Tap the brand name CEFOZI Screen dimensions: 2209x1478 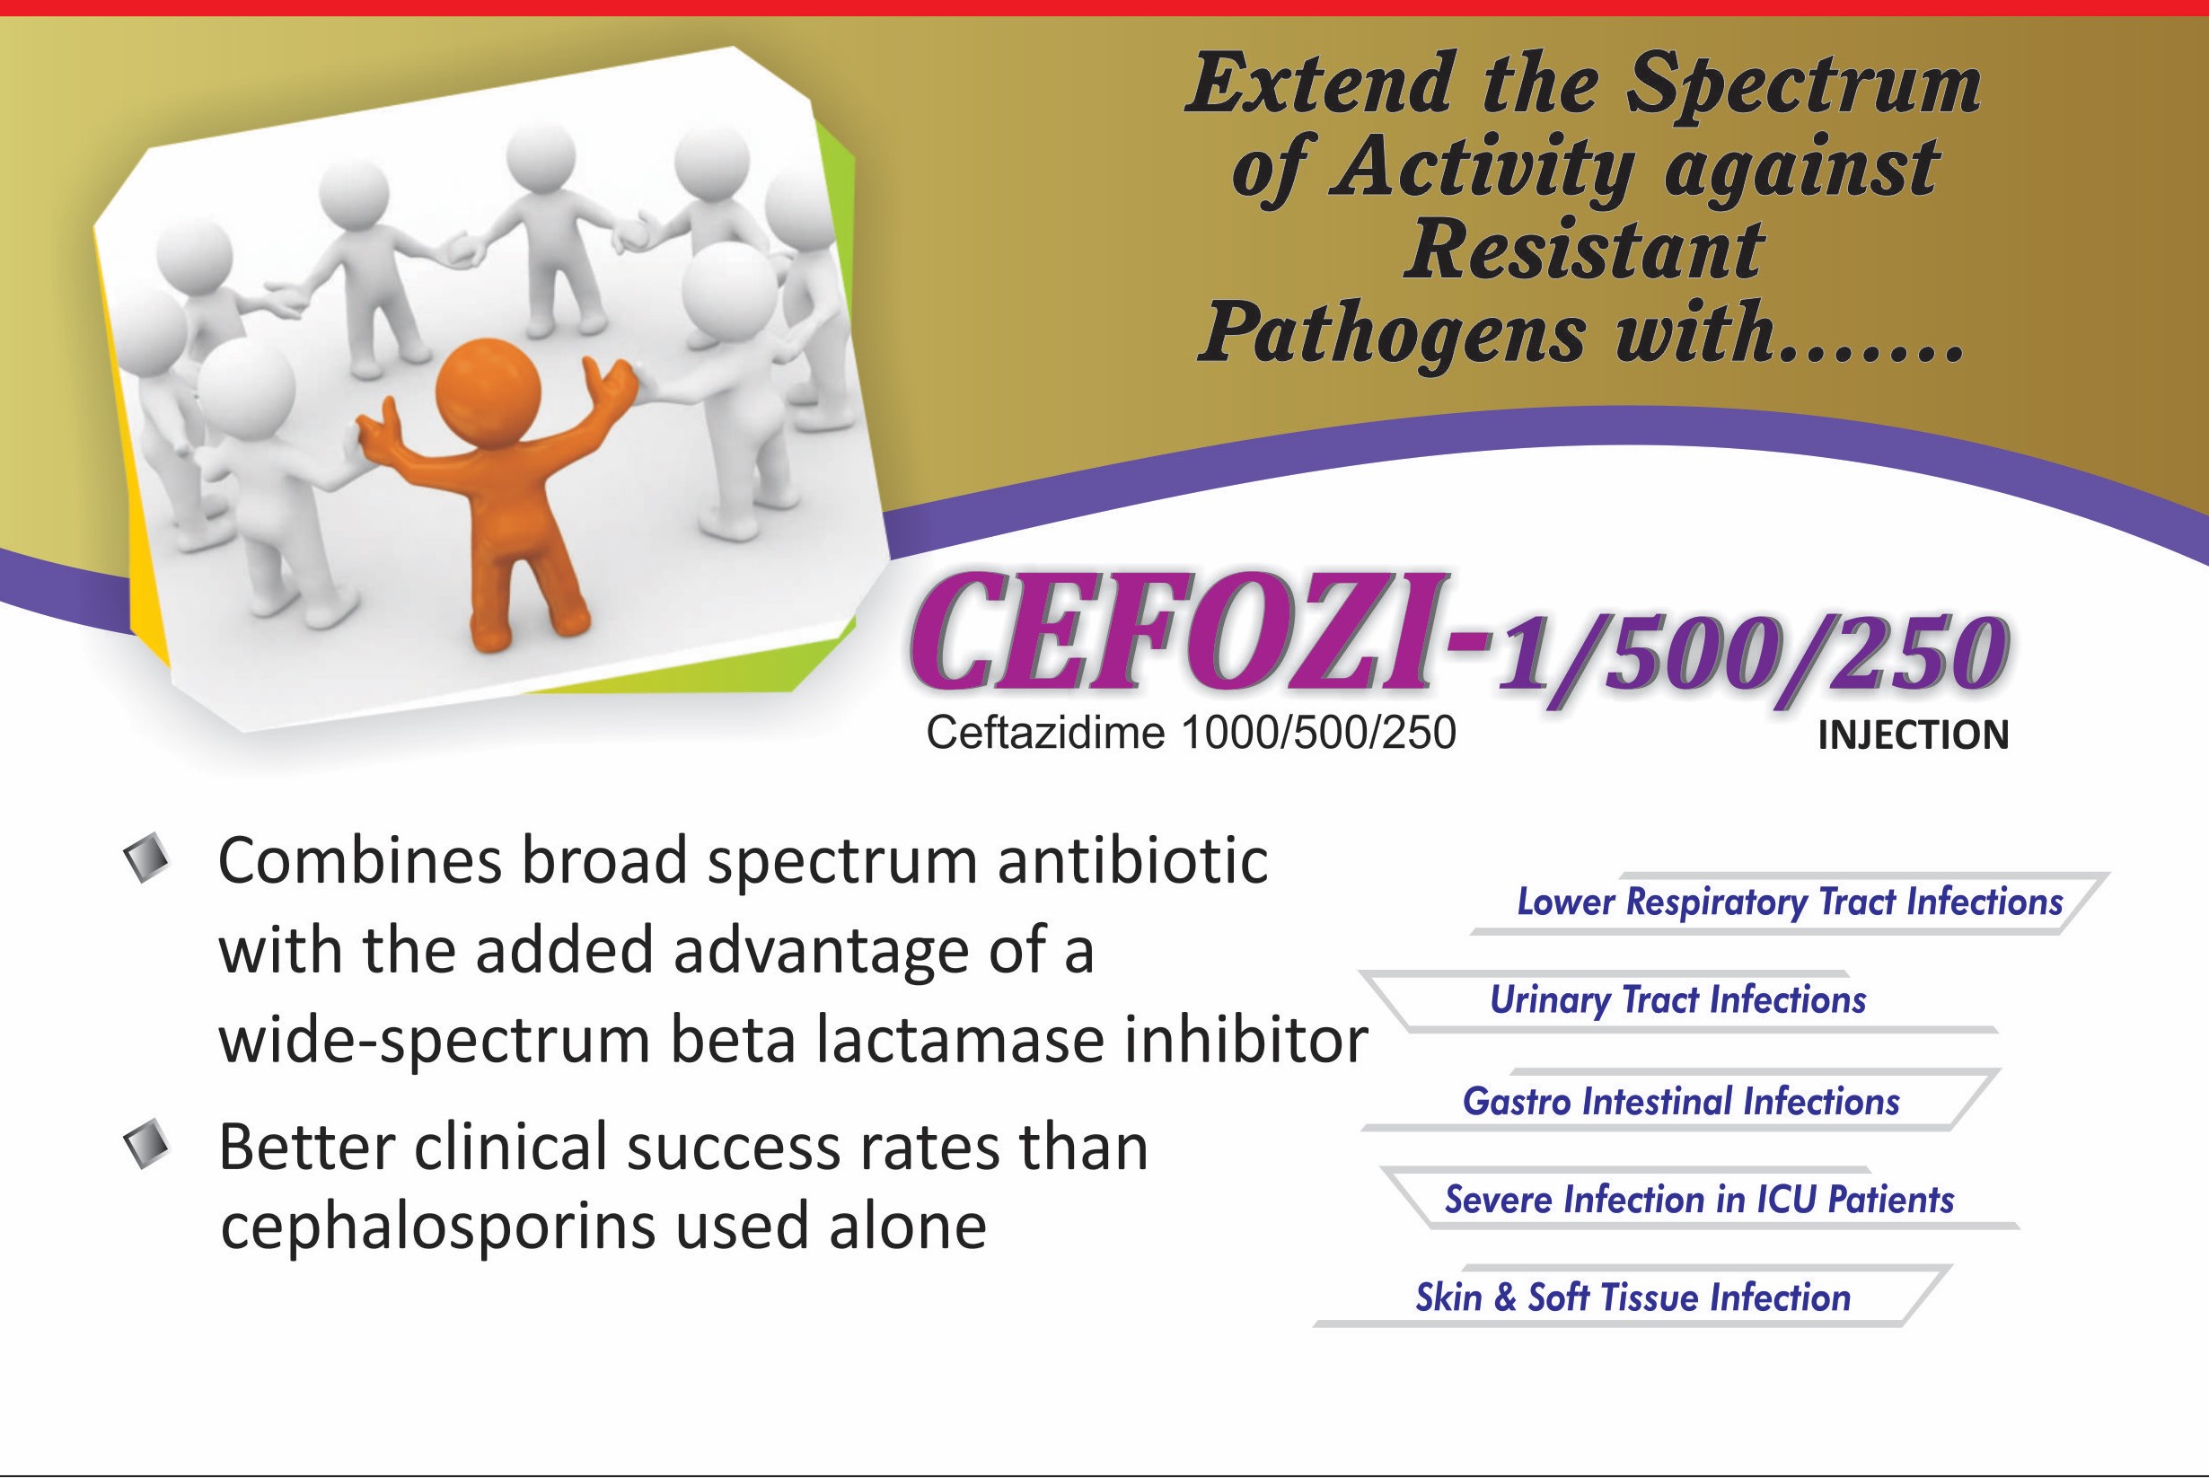point(1174,631)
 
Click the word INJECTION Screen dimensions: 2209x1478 point(1913,735)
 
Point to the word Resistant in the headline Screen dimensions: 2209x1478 point(1583,251)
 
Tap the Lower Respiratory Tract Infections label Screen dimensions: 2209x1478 point(1790,902)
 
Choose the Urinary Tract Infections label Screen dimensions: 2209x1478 point(1677,1000)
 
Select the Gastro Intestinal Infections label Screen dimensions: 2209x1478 point(1680,1101)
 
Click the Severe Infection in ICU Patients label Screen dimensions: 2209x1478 point(1699,1199)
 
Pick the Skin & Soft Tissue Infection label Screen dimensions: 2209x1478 point(1633,1298)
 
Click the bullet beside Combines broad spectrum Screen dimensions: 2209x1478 point(147,858)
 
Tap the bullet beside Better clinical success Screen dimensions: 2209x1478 point(147,1144)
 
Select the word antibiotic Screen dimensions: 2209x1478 point(1132,860)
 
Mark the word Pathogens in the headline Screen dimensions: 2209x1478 point(1392,336)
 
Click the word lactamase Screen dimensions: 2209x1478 point(959,1040)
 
